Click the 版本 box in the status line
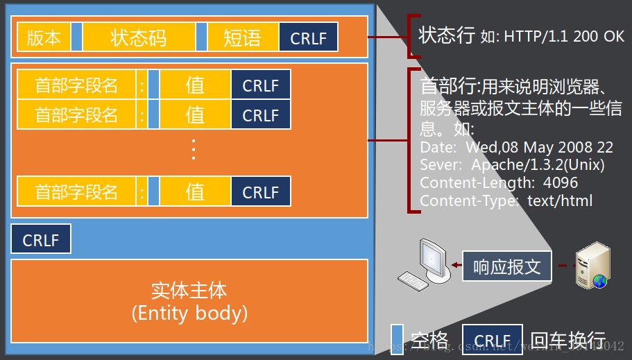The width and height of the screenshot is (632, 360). pos(43,38)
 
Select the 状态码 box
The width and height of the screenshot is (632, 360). pos(138,38)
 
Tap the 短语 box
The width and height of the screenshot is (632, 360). pos(242,38)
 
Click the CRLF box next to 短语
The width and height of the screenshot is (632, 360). pos(308,38)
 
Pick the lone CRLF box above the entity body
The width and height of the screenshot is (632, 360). pos(40,240)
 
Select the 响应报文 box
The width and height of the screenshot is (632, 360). pos(506,266)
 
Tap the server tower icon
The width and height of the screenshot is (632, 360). pos(592,266)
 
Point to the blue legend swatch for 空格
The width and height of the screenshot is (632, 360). pos(397,339)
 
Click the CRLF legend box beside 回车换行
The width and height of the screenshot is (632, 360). pos(493,340)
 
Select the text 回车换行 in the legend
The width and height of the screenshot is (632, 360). pos(567,339)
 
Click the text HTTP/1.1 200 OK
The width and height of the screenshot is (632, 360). pos(564,37)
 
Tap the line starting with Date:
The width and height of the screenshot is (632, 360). pos(516,148)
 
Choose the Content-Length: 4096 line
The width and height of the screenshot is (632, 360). pos(499,183)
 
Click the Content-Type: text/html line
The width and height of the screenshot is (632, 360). pos(506,201)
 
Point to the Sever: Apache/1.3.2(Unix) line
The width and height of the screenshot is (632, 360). pos(512,165)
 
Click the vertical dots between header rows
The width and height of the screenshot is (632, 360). pos(194,149)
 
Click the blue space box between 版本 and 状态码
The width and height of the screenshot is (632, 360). pos(76,38)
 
